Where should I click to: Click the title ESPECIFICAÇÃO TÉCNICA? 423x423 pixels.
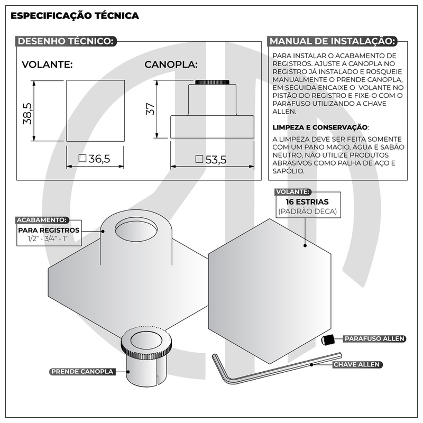point(75,16)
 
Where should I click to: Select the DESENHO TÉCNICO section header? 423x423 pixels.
point(65,41)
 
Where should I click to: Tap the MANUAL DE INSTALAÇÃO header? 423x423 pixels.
point(332,41)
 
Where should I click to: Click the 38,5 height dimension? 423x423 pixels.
point(27,113)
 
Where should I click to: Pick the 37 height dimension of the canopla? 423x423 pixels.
point(151,110)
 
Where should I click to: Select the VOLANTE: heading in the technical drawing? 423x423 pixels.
point(47,65)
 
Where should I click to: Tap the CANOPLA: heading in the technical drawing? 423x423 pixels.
point(171,65)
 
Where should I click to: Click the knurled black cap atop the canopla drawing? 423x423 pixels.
point(212,82)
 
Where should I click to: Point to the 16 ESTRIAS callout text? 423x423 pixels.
point(306,202)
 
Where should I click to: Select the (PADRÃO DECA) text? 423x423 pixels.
point(306,212)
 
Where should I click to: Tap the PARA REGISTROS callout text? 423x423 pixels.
point(49,230)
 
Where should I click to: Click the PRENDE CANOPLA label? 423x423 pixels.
point(82,372)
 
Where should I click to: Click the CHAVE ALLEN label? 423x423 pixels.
point(357,365)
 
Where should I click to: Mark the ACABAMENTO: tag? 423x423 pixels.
point(42,219)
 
